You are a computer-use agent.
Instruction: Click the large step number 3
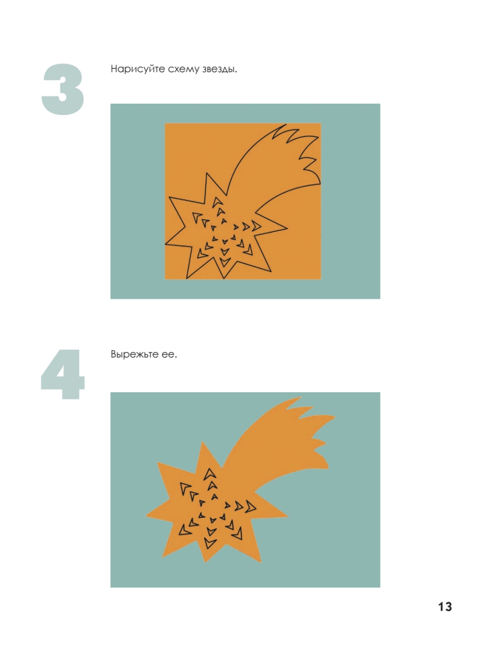[63, 89]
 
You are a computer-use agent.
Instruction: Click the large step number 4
[63, 374]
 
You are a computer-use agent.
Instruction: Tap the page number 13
[445, 606]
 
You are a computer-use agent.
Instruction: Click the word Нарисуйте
[138, 69]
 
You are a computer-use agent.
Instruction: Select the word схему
[184, 70]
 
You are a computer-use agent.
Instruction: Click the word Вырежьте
[134, 354]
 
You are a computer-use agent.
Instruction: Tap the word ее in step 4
[169, 355]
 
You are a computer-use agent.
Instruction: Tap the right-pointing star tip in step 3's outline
[287, 228]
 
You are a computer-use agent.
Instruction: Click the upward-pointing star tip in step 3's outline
[207, 173]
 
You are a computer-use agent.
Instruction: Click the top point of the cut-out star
[202, 441]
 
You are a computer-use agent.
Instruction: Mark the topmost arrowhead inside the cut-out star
[209, 474]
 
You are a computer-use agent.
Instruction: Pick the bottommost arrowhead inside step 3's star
[224, 262]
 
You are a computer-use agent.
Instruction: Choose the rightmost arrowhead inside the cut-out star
[251, 507]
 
